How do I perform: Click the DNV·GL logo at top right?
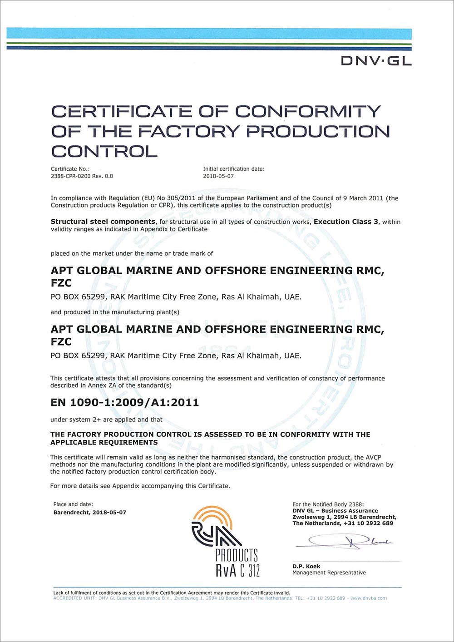coord(376,60)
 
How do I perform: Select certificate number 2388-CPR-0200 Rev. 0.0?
coord(82,176)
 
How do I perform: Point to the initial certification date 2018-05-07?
coord(218,176)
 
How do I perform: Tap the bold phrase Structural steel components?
coord(103,222)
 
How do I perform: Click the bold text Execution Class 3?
coord(346,222)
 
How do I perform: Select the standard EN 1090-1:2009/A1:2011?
coord(124,402)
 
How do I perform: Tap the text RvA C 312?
coord(237,570)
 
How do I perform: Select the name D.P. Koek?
coord(306,566)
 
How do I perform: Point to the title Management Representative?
coord(329,573)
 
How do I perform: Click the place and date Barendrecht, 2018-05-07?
coord(90,512)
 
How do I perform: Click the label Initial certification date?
coord(234,169)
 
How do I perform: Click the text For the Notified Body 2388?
coord(328,504)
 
